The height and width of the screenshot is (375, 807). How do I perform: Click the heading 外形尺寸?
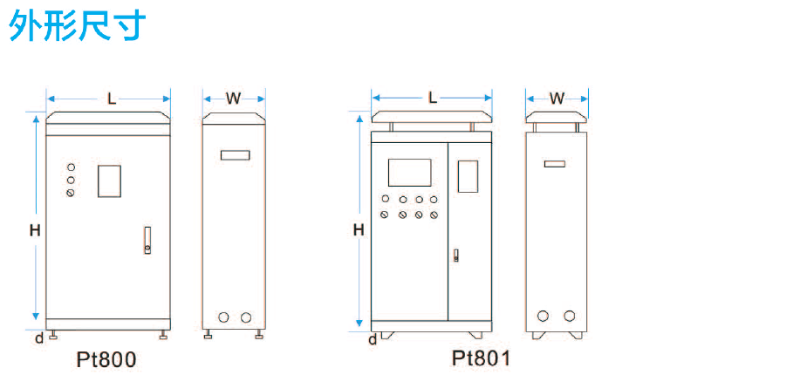[x=78, y=25]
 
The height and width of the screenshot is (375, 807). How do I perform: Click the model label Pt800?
[x=107, y=359]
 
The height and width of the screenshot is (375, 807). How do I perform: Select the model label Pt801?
[x=481, y=358]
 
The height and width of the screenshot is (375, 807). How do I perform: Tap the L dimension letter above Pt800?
[x=112, y=99]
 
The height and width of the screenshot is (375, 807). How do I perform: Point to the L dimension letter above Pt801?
[x=433, y=98]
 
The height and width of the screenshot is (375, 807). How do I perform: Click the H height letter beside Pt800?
[x=35, y=231]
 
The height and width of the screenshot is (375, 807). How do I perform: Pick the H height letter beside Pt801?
[x=358, y=230]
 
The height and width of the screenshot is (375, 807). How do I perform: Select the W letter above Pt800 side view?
[x=233, y=99]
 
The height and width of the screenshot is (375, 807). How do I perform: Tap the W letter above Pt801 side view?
[x=557, y=98]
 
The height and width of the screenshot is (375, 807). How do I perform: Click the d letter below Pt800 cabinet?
[x=38, y=337]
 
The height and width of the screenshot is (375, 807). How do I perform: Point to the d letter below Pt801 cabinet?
[x=373, y=338]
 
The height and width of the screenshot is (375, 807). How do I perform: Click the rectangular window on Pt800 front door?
[x=109, y=181]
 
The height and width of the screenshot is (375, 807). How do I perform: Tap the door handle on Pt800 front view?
[x=147, y=240]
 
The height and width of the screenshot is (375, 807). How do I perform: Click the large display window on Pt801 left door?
[x=409, y=172]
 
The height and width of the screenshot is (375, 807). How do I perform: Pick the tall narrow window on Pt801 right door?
[x=468, y=175]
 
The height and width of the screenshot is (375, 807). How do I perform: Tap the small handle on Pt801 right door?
[x=455, y=256]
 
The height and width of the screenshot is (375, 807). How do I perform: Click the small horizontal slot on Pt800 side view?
[x=235, y=155]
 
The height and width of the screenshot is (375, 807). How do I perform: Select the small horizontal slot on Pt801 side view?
[x=555, y=163]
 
